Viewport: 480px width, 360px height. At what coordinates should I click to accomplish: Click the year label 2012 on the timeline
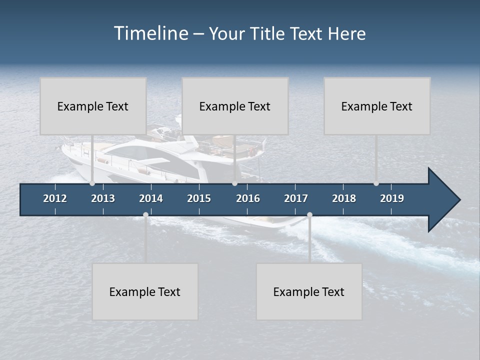point(55,198)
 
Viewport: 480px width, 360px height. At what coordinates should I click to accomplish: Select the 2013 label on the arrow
point(103,198)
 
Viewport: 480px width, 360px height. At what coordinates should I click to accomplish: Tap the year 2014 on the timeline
point(151,198)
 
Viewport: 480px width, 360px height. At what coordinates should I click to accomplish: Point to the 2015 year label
point(199,198)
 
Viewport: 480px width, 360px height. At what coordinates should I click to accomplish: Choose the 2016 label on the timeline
point(248,198)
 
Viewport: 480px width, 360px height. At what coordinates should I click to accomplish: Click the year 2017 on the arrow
point(296,198)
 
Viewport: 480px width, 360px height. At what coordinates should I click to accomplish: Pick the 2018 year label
point(344,198)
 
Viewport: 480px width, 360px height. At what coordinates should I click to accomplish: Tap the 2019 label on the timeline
point(392,198)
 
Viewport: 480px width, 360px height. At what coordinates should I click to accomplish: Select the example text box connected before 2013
point(93,106)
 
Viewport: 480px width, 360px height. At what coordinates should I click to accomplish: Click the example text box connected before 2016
point(235,106)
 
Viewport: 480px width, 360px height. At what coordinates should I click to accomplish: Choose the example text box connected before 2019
point(377,106)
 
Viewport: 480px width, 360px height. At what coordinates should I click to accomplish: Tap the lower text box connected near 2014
point(145,291)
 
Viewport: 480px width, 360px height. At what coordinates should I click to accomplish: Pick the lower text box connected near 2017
point(309,291)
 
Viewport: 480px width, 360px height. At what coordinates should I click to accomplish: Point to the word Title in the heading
point(268,34)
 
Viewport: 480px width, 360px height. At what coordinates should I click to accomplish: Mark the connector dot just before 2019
point(376,183)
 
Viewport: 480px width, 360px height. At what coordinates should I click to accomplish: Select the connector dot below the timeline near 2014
point(145,215)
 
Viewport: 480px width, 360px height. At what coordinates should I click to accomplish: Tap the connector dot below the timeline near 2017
point(309,215)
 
